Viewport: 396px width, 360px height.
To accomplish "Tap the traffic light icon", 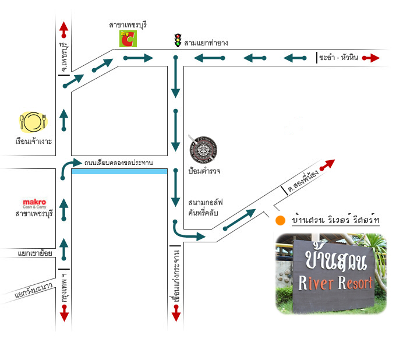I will [177, 40].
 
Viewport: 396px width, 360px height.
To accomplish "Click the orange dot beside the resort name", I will [281, 220].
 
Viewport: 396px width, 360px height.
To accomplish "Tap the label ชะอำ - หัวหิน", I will [339, 58].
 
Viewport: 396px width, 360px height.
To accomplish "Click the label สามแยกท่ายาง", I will [206, 43].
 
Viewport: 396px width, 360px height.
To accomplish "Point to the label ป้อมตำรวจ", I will [203, 172].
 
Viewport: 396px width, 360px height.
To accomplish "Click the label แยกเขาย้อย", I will [26, 253].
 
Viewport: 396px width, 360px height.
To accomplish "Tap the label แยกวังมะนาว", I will [33, 292].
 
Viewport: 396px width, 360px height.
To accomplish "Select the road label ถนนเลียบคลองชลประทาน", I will [118, 163].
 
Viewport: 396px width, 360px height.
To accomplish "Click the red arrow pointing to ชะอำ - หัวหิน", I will [371, 58].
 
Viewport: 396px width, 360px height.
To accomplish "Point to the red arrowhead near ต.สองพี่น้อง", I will [331, 163].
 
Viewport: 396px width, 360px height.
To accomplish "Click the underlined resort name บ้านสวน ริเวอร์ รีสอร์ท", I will [335, 220].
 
